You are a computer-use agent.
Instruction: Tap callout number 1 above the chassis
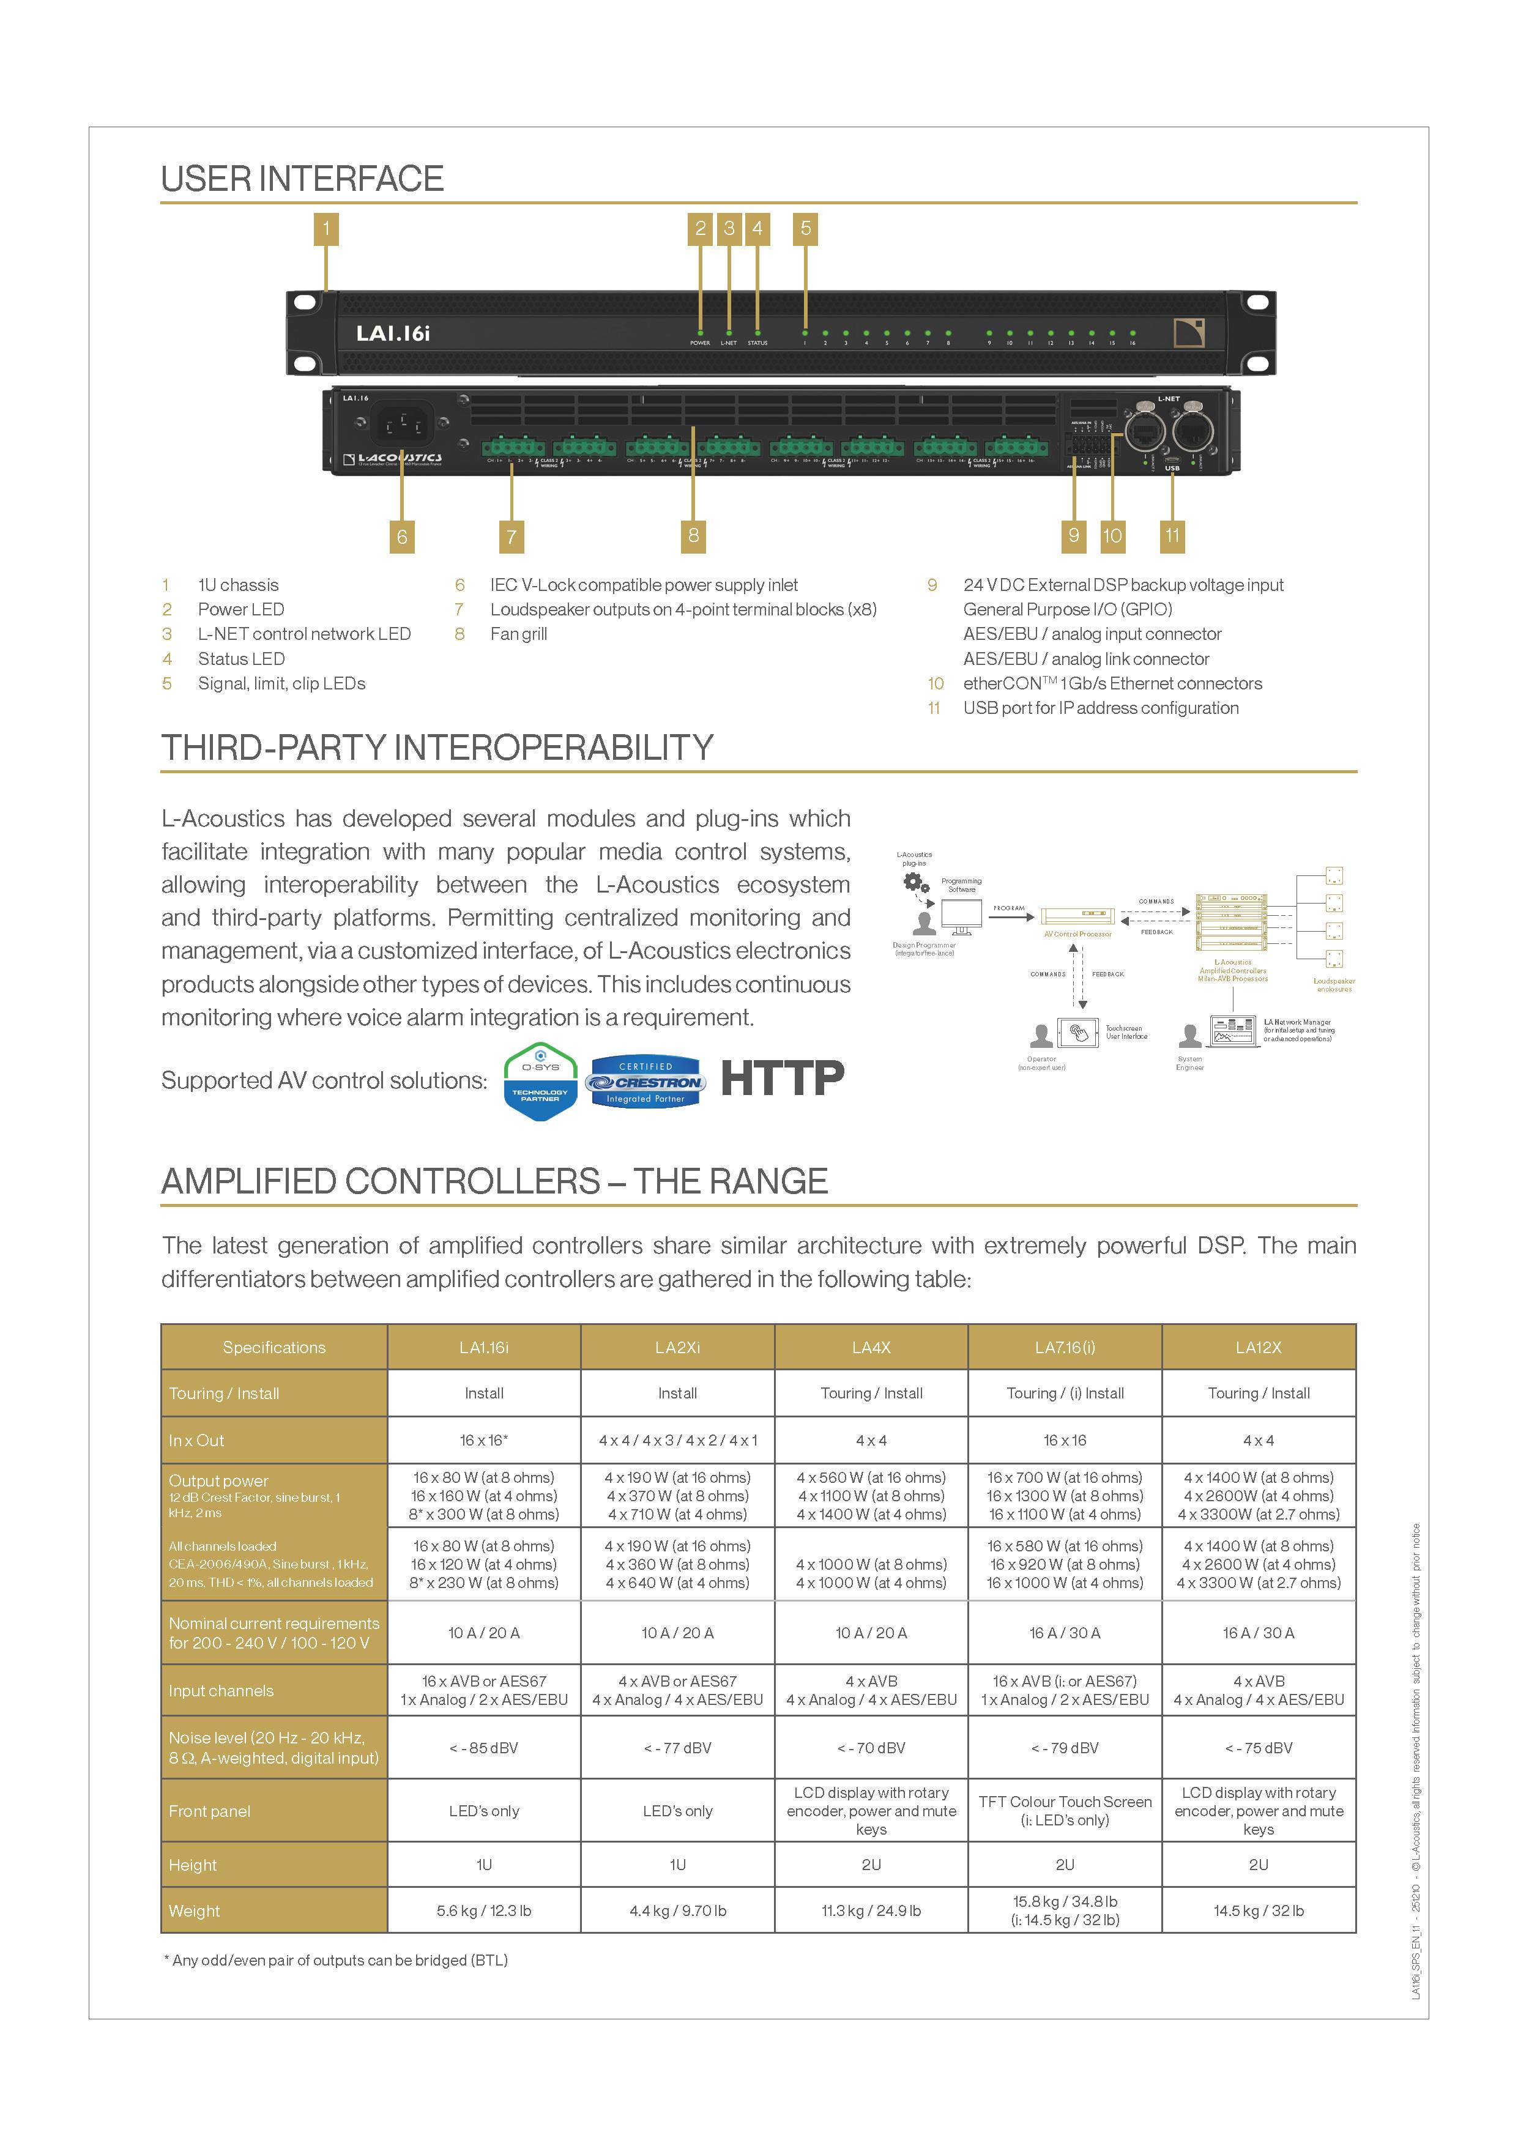[326, 229]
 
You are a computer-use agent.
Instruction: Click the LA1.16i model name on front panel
[393, 333]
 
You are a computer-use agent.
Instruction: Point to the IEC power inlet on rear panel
[403, 425]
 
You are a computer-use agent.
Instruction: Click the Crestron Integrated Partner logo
[645, 1082]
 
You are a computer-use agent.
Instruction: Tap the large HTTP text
[783, 1078]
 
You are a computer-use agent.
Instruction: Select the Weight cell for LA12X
[1258, 1910]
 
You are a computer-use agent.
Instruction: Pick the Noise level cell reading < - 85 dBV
[483, 1747]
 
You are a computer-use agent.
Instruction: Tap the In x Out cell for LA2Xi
[678, 1440]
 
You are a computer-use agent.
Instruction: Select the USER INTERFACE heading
[302, 179]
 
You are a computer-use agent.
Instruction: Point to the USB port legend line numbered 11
[1099, 708]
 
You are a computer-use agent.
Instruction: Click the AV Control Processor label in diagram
[1077, 934]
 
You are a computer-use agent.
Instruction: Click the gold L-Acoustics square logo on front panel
[1189, 333]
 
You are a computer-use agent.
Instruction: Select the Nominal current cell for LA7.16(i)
[1065, 1632]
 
